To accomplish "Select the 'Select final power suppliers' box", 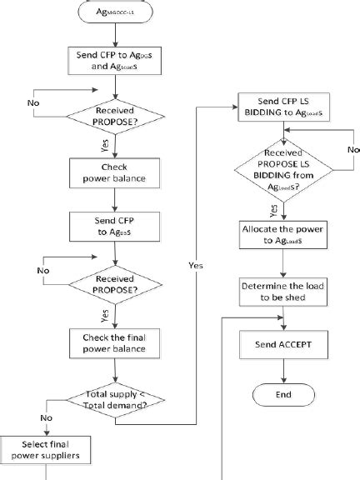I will pos(47,450).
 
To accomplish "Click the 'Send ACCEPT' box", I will pos(284,344).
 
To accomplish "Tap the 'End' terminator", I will pos(284,393).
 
